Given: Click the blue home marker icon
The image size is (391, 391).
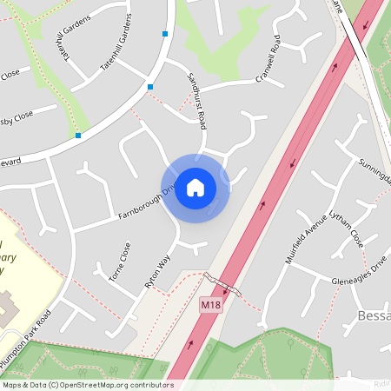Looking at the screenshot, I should (x=195, y=187).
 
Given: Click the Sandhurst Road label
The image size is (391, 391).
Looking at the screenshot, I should (x=196, y=101).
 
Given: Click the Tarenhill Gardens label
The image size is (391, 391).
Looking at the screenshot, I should (x=116, y=48).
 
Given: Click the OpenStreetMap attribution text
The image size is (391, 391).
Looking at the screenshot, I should (x=87, y=384).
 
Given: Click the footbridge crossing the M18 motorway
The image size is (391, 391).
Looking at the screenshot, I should (x=222, y=285).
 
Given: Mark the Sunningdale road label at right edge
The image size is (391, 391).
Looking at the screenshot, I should (x=376, y=171).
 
